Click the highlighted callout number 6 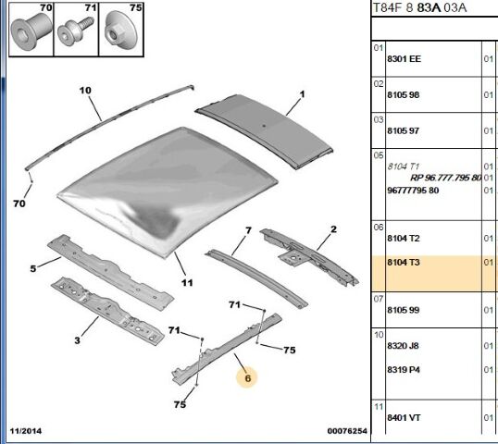(x=247, y=378)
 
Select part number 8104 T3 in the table (x=404, y=263)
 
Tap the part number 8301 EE (x=404, y=59)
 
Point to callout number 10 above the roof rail (x=85, y=91)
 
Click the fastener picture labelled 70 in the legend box (x=31, y=31)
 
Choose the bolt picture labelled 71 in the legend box (x=75, y=31)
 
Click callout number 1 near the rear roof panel (x=302, y=94)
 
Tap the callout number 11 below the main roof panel (x=187, y=282)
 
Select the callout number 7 (x=248, y=230)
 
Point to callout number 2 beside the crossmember (x=333, y=229)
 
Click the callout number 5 (x=33, y=268)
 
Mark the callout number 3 (x=77, y=340)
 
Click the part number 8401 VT (x=404, y=418)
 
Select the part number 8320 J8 (x=403, y=346)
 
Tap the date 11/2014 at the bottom (x=26, y=431)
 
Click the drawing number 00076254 (x=347, y=431)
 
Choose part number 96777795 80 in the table (x=413, y=191)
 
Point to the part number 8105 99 (x=404, y=310)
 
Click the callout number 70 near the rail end (x=19, y=203)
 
